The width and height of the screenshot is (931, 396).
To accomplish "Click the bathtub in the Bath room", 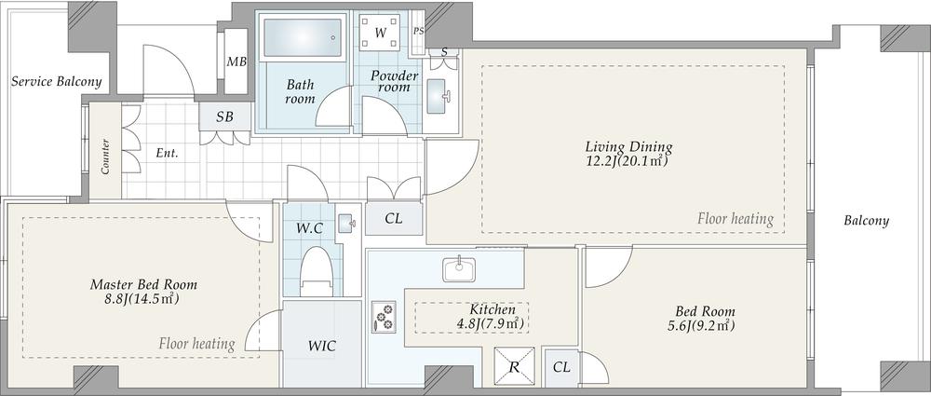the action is pos(303,37).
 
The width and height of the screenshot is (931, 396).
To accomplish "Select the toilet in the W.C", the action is pos(316,272).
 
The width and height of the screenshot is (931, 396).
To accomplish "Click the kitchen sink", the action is pos(458,269).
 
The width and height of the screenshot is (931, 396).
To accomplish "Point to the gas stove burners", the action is pos(385,317).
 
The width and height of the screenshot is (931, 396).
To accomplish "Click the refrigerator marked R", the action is pos(514,366).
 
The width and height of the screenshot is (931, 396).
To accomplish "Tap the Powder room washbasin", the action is pos(439,96).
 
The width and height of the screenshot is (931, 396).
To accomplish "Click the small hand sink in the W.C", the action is pos(345,223).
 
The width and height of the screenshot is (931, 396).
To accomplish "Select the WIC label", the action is pos(322,346).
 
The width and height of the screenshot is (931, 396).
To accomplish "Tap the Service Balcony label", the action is pos(57,81).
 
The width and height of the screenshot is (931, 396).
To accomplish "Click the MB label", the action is pos(236,62).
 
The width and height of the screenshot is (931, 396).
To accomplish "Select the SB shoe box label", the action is pos(224,117).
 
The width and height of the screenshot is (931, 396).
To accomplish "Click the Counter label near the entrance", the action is pos(105,157).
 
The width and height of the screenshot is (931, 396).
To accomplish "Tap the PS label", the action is pos(419,32).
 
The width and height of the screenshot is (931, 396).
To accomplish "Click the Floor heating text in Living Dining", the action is pos(735,219).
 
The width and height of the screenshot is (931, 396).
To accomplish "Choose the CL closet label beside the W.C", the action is pos(393,218).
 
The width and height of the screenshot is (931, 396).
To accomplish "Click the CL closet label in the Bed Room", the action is pos(561,367).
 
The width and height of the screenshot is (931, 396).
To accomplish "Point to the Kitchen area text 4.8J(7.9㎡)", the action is pos(491,324).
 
